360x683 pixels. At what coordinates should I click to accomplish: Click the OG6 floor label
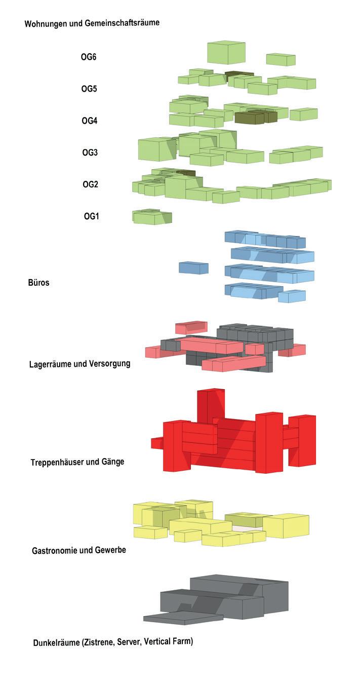[x=89, y=57]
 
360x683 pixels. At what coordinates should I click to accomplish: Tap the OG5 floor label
[x=89, y=89]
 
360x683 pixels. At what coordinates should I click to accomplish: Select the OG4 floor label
[x=90, y=121]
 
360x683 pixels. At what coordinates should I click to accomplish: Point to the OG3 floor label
[x=90, y=153]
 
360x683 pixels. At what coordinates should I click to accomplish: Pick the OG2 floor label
[x=90, y=184]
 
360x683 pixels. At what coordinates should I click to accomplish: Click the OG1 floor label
[x=91, y=216]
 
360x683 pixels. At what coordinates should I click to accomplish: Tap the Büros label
[x=38, y=283]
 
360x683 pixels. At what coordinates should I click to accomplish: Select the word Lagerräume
[x=52, y=364]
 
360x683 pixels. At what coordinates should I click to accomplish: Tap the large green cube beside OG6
[x=226, y=53]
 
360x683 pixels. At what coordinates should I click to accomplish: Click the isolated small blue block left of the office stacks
[x=193, y=268]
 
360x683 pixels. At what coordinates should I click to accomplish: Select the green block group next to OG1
[x=152, y=217]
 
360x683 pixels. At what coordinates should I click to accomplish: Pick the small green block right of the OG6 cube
[x=281, y=59]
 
